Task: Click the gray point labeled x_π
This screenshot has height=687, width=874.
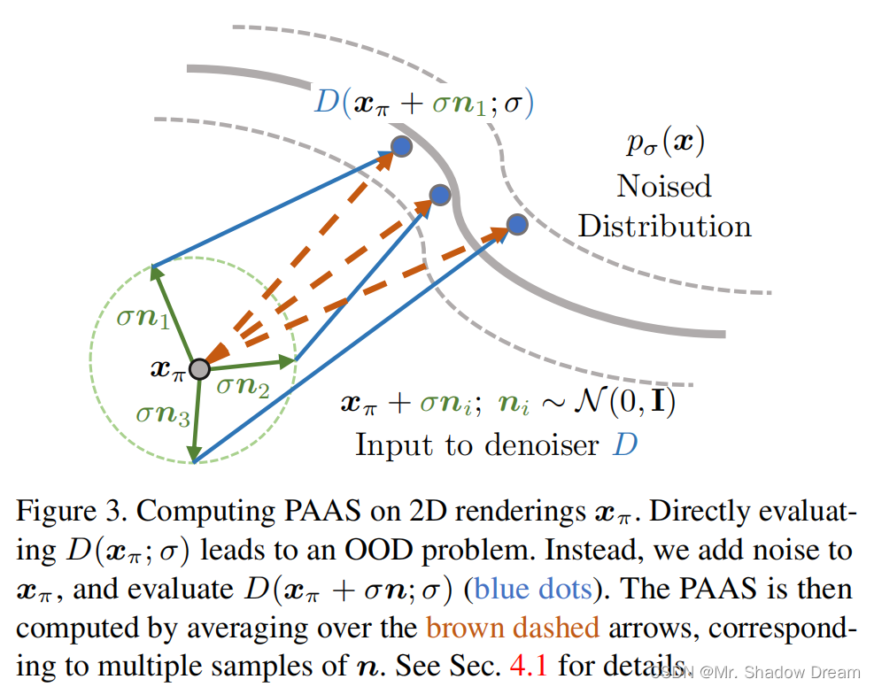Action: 199,367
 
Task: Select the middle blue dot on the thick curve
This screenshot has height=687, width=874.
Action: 440,195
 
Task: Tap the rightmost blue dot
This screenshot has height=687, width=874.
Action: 517,224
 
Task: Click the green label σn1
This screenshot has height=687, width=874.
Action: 143,317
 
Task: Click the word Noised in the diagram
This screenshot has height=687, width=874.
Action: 664,186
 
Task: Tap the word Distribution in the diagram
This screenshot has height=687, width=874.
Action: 665,226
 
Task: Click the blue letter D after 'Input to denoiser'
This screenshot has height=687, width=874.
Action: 625,444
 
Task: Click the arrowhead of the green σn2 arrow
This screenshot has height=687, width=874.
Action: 288,360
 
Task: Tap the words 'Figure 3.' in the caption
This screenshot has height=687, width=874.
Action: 71,513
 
